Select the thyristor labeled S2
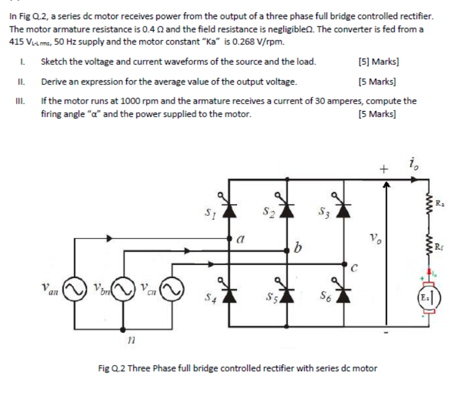pos(288,211)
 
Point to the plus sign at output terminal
pos(385,168)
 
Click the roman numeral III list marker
pos(22,100)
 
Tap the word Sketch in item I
pos(53,62)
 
